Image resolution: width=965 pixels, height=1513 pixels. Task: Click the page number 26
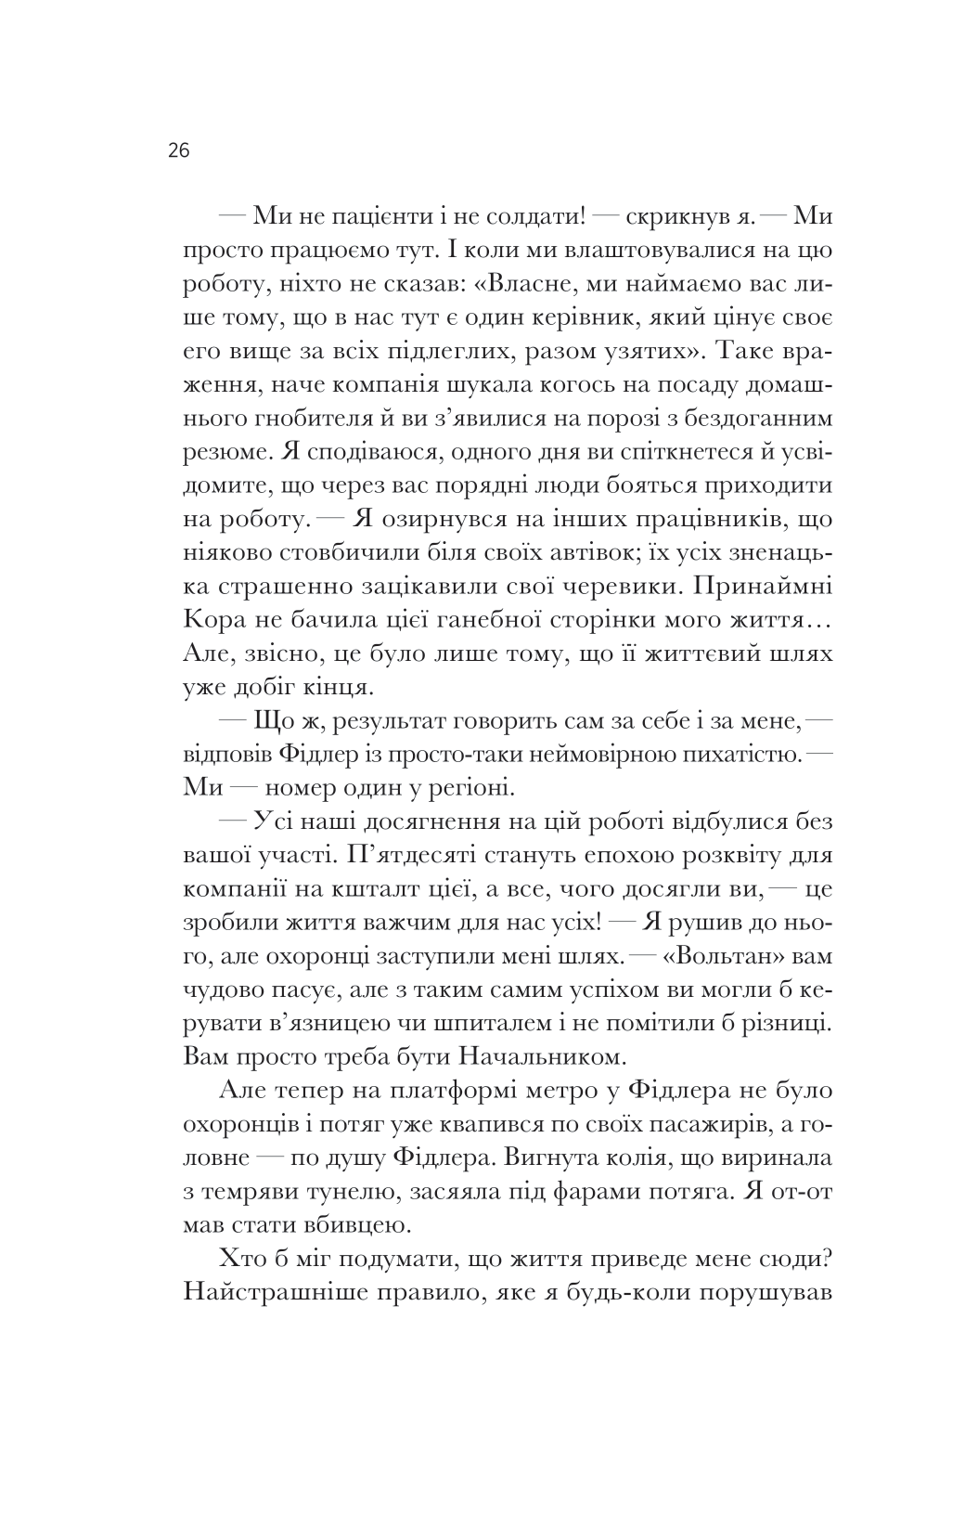pos(179,150)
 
